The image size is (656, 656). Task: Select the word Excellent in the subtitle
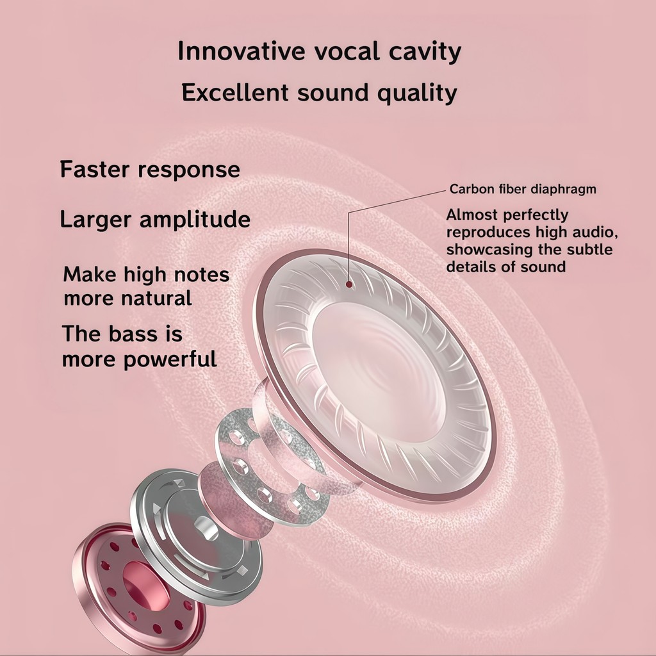coord(235,92)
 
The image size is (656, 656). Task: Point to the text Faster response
coord(150,170)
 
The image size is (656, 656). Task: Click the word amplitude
coord(195,219)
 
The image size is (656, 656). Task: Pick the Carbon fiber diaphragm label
coord(523,189)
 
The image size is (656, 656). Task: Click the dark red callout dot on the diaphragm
coord(349,284)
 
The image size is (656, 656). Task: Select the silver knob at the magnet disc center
coord(206,528)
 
